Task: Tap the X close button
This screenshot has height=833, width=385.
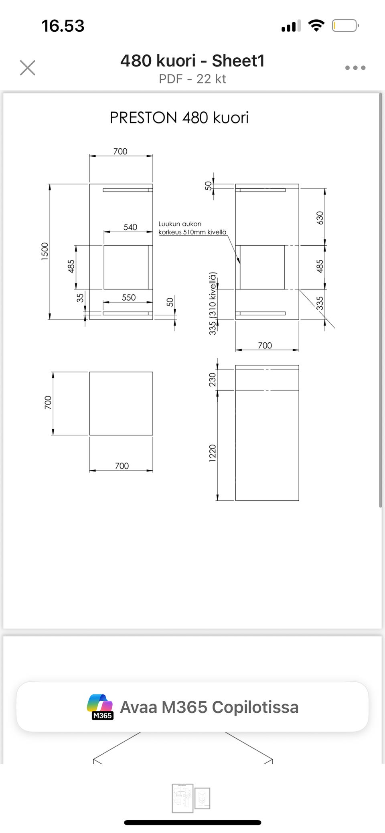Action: [x=28, y=68]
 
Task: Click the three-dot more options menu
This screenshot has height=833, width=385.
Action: [x=355, y=68]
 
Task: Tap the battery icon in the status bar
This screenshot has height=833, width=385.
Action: [x=345, y=26]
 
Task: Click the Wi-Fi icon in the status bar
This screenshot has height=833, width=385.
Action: [x=316, y=26]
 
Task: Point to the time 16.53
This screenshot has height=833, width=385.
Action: [x=63, y=26]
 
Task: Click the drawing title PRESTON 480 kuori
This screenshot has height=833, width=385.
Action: [x=179, y=117]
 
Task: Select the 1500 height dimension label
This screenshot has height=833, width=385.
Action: [x=45, y=251]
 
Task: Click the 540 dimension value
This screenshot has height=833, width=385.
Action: [x=130, y=227]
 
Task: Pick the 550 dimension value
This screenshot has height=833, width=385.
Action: [x=129, y=297]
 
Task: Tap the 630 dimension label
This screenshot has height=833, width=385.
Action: [x=320, y=218]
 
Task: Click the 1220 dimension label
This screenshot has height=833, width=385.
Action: [x=213, y=453]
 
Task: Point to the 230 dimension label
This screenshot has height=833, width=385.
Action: [x=213, y=380]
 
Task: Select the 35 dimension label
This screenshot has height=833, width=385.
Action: [x=80, y=297]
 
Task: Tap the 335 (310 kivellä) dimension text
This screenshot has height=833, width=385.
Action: [x=213, y=303]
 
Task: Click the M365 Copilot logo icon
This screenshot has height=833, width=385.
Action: [x=100, y=707]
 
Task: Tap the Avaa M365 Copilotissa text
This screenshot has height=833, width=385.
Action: [x=209, y=707]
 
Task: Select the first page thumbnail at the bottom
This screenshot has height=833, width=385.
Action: [x=182, y=798]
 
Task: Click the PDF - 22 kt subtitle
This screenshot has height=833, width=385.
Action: [x=192, y=79]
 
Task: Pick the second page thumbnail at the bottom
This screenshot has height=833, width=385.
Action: [x=202, y=798]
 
